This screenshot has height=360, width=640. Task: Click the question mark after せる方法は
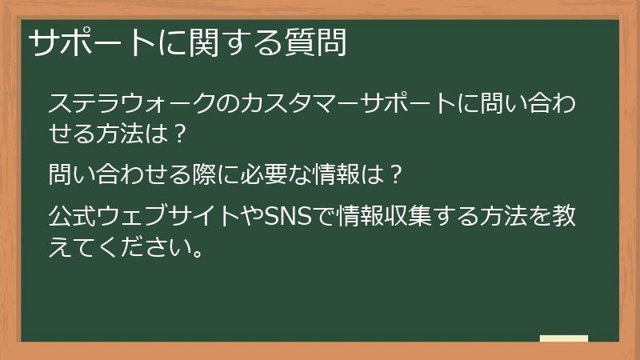coord(180,132)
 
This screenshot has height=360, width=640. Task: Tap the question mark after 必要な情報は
coord(392,172)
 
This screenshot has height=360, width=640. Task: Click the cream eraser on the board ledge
coord(564,338)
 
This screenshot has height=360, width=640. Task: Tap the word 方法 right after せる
coord(123,132)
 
